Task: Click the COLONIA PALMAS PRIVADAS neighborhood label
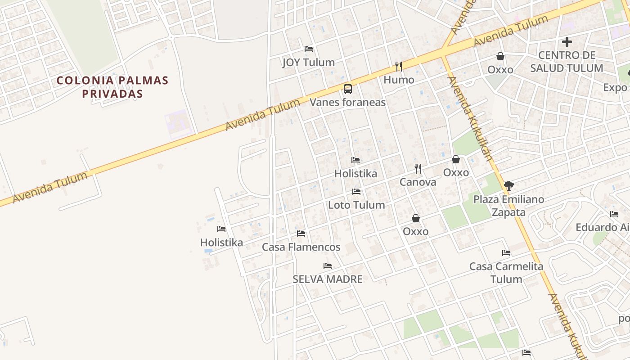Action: point(112,87)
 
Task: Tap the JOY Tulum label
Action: point(309,63)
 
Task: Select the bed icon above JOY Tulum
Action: point(309,49)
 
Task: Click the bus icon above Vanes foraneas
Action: point(348,89)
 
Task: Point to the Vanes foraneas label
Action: point(348,102)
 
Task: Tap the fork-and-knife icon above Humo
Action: point(399,67)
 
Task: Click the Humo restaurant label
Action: point(399,80)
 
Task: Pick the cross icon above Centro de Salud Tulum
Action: point(567,42)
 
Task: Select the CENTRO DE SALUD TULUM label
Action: point(567,62)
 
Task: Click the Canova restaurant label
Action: point(418,182)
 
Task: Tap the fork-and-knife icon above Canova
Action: point(418,169)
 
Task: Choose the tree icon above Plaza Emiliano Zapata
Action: point(509,185)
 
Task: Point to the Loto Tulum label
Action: point(356,205)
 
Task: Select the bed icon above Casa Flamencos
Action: point(301,234)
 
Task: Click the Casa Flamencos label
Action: point(301,247)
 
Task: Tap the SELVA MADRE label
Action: point(328,279)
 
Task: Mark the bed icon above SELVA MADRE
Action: point(328,266)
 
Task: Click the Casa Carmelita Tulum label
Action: point(506,272)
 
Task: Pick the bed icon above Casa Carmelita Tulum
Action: point(506,253)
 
